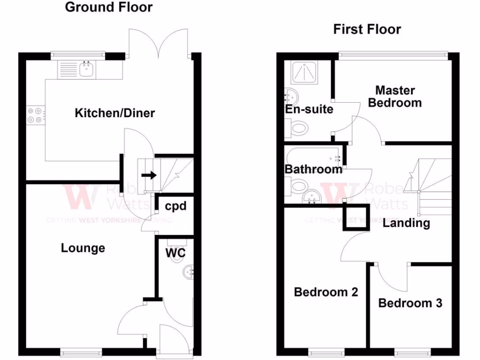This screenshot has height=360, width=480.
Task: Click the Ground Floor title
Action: (x=108, y=7)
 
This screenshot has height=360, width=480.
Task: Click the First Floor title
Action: (x=367, y=29)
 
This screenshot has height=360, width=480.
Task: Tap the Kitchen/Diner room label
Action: (x=115, y=113)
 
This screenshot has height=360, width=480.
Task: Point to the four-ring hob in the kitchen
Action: (x=35, y=115)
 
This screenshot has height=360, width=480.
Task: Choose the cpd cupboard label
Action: (x=176, y=206)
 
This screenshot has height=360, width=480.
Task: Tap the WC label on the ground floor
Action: (x=176, y=253)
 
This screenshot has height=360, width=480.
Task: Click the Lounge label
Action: (x=83, y=247)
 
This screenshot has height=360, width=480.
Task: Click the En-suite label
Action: (x=309, y=109)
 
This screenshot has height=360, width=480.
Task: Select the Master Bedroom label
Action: (x=395, y=96)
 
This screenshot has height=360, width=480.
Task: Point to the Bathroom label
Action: (x=314, y=169)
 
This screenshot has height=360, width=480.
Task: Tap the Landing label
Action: (x=406, y=223)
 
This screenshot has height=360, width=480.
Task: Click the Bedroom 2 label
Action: (x=326, y=292)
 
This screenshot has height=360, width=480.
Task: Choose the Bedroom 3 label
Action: (x=410, y=303)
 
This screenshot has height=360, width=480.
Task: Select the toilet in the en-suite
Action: (x=297, y=127)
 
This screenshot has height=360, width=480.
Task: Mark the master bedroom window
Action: (x=392, y=55)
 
